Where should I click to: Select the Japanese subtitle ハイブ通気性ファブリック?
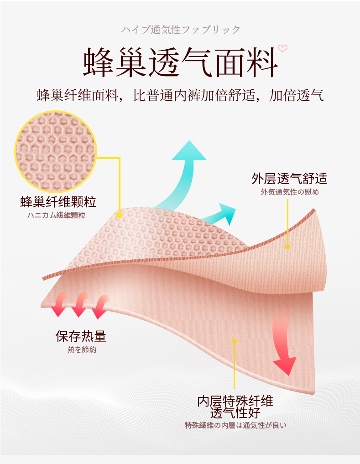click(x=180, y=30)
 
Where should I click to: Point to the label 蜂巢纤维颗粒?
click(x=58, y=201)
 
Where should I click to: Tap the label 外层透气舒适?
click(x=289, y=178)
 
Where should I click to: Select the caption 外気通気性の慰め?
click(x=289, y=192)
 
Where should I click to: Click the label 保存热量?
click(x=81, y=336)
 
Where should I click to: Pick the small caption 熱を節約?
click(x=82, y=350)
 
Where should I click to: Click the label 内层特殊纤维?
click(x=235, y=401)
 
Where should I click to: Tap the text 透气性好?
click(x=235, y=413)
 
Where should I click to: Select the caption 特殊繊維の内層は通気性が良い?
click(x=235, y=426)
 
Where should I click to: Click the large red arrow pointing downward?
click(x=286, y=346)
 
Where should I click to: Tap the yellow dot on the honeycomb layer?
click(x=119, y=215)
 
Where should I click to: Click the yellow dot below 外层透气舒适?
click(x=287, y=247)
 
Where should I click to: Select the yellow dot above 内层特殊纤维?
click(x=235, y=340)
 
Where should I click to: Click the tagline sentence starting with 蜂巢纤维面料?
click(x=180, y=96)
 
